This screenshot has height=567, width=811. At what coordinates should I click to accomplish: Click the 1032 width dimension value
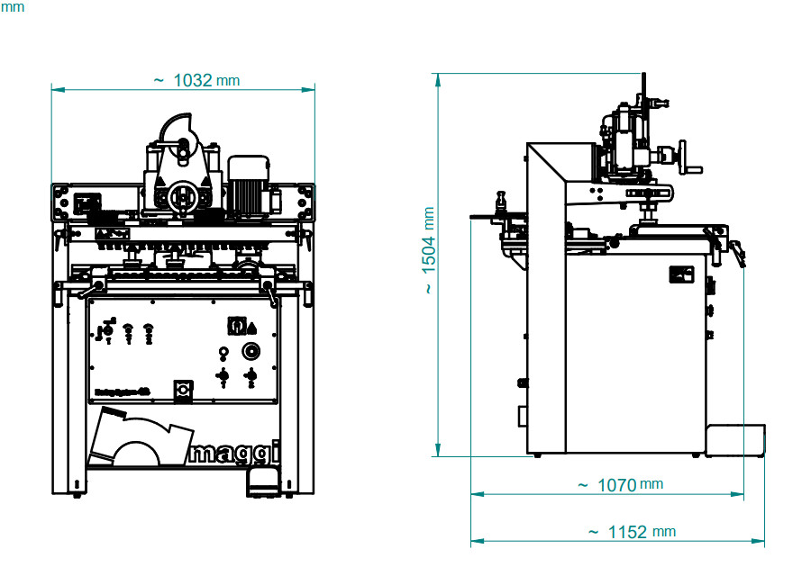(192, 80)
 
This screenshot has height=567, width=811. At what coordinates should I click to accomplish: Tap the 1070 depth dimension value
(617, 485)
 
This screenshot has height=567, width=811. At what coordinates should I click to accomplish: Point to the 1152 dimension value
(627, 532)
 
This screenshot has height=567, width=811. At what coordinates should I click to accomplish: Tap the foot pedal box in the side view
(735, 441)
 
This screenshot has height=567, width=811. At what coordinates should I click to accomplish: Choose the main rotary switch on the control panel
(240, 323)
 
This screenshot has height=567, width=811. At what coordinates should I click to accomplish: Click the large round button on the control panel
(251, 352)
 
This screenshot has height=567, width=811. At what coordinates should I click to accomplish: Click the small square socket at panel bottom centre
(182, 389)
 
